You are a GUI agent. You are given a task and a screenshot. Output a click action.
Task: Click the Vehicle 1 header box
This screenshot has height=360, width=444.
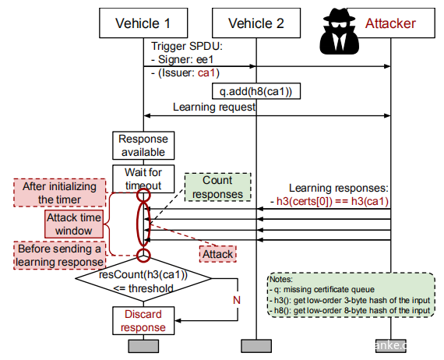[x=143, y=23]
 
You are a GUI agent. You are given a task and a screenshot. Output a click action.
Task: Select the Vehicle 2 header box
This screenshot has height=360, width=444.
[x=256, y=23]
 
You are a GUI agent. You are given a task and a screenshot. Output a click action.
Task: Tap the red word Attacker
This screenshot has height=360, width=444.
[x=390, y=23]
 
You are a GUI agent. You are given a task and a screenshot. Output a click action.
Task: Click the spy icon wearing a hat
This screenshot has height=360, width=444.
[x=339, y=31]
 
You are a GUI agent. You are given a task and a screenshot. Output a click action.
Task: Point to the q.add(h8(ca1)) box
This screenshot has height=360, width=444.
[x=256, y=91]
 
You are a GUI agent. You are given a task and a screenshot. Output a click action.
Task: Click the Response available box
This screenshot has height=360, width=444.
[x=143, y=146]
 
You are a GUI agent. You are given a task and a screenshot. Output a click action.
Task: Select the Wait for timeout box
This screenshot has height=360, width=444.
[x=143, y=179]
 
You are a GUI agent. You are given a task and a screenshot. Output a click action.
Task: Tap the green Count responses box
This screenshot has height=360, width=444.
[x=218, y=187]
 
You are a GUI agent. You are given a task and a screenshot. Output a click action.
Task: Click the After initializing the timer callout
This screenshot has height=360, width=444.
[x=60, y=192]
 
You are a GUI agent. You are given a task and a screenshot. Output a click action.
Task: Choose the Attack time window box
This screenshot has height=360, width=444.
[x=74, y=224]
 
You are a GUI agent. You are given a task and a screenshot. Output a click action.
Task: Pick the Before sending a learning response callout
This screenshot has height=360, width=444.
[x=60, y=256]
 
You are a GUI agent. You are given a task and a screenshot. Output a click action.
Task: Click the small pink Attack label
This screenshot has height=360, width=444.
[x=218, y=254]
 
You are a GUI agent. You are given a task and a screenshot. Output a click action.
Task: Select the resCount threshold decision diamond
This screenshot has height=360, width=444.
[x=143, y=279]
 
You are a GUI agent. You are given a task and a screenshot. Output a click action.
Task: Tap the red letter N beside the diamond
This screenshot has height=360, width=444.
[x=237, y=300]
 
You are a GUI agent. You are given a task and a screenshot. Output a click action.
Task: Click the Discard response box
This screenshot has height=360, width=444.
[x=143, y=320]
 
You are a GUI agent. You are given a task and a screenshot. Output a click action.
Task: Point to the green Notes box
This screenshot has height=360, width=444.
[x=351, y=295]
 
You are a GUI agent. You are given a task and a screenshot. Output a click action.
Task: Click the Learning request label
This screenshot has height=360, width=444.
[x=214, y=108]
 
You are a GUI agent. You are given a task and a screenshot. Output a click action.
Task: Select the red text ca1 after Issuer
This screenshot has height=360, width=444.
[x=206, y=72]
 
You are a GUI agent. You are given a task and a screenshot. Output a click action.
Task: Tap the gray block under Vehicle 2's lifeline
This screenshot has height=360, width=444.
[x=256, y=346]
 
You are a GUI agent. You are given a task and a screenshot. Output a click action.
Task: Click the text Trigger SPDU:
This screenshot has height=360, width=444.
[x=187, y=46]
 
